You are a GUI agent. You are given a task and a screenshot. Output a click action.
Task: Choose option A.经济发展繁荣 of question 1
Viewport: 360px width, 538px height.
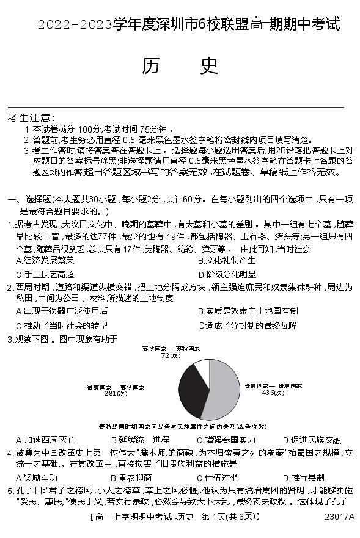[45, 261]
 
